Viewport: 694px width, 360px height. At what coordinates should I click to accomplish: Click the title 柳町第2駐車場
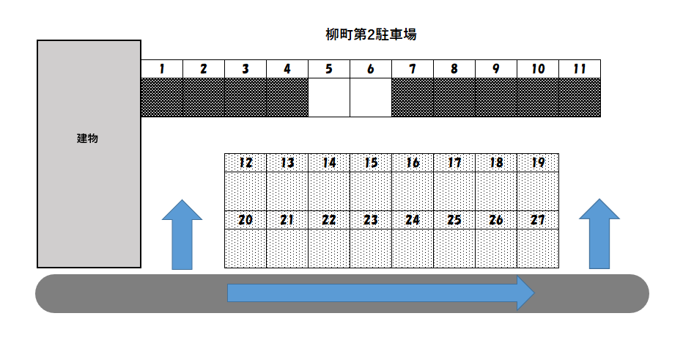click(371, 34)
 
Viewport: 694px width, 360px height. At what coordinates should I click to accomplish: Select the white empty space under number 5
click(329, 97)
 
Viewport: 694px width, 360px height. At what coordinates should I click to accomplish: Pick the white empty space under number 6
click(371, 97)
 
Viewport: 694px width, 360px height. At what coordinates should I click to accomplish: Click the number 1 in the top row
click(161, 69)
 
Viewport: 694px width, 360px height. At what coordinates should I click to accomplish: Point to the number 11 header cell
click(580, 69)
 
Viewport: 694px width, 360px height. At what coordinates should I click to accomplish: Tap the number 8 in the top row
click(454, 69)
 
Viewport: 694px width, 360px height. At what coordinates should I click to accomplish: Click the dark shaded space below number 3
click(246, 97)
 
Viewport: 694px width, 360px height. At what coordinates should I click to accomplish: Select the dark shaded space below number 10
click(538, 97)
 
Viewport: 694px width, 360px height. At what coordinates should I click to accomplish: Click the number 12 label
click(246, 163)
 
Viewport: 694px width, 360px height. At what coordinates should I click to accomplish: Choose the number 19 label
click(538, 163)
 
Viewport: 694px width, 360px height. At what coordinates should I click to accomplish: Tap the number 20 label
click(246, 220)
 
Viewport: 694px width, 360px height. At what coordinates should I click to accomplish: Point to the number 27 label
click(538, 220)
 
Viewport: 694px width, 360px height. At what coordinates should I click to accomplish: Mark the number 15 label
click(372, 163)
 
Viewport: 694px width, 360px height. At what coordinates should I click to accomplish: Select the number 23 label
click(371, 220)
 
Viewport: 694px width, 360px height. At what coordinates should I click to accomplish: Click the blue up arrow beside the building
click(182, 233)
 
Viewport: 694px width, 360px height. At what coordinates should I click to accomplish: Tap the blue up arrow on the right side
click(599, 233)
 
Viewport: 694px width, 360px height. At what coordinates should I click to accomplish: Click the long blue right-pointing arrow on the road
click(381, 293)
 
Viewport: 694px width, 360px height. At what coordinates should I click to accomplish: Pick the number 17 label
click(454, 163)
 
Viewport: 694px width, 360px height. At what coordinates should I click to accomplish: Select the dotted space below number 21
click(287, 248)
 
